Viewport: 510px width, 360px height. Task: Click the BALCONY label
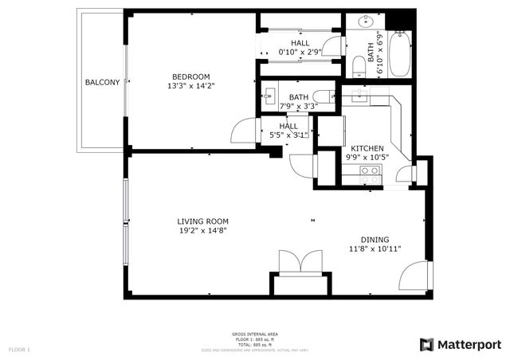click(102, 82)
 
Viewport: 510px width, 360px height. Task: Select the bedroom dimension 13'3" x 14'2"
click(191, 85)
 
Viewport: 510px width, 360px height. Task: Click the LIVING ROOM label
click(202, 221)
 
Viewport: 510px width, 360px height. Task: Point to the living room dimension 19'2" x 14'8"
click(202, 232)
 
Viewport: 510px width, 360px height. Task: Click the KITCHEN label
click(367, 148)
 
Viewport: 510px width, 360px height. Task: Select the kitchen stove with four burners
click(369, 175)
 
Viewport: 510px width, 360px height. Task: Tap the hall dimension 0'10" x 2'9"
click(300, 53)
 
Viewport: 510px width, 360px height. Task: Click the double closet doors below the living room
click(300, 262)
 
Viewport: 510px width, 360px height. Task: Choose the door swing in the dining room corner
click(416, 277)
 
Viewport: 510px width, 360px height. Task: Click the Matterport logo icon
click(426, 344)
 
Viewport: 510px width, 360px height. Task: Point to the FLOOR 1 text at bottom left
click(19, 349)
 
